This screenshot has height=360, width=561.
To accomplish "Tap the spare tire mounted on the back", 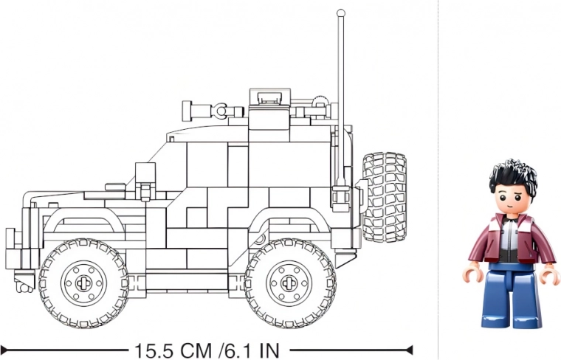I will pos(384,197).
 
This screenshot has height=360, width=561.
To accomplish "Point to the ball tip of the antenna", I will pos(340,13).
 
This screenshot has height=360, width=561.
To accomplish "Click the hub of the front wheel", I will pos(83,283).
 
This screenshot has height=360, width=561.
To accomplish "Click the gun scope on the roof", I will pos(212,111).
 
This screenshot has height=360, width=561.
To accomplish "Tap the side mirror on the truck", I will pos(145,176).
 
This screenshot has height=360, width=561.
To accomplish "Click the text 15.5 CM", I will pos(173,349).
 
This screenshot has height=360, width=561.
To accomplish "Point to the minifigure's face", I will pos(511,197).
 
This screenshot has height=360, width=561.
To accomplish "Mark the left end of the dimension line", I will pos(3,349).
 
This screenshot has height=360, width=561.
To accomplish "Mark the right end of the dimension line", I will pos(410,349).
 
